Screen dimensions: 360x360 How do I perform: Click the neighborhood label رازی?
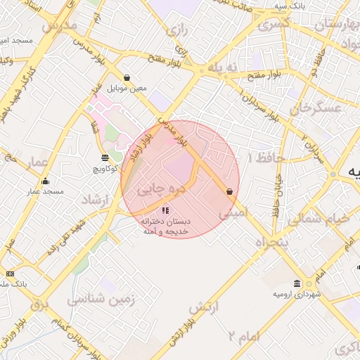pos(175,30)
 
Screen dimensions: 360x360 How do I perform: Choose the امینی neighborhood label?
pos(233,210)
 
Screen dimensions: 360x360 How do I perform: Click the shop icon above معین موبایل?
pos(127,77)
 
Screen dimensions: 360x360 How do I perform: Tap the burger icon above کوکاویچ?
pos(105,157)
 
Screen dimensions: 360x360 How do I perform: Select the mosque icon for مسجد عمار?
pos(46,181)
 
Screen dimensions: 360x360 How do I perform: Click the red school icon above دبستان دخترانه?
pos(165,210)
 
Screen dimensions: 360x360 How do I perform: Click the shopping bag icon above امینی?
pos(229,191)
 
